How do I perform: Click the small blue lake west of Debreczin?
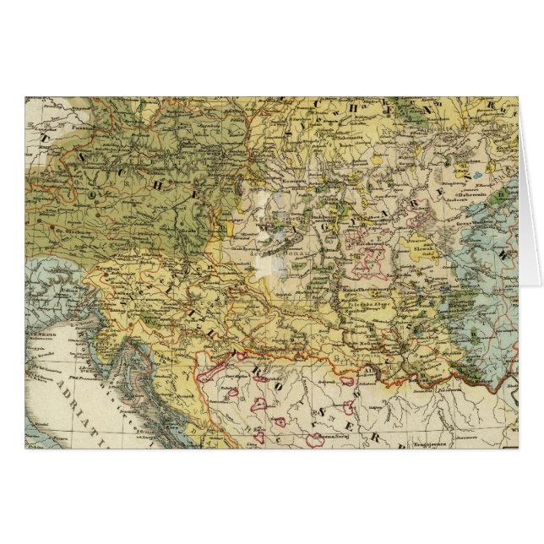[477, 177]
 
